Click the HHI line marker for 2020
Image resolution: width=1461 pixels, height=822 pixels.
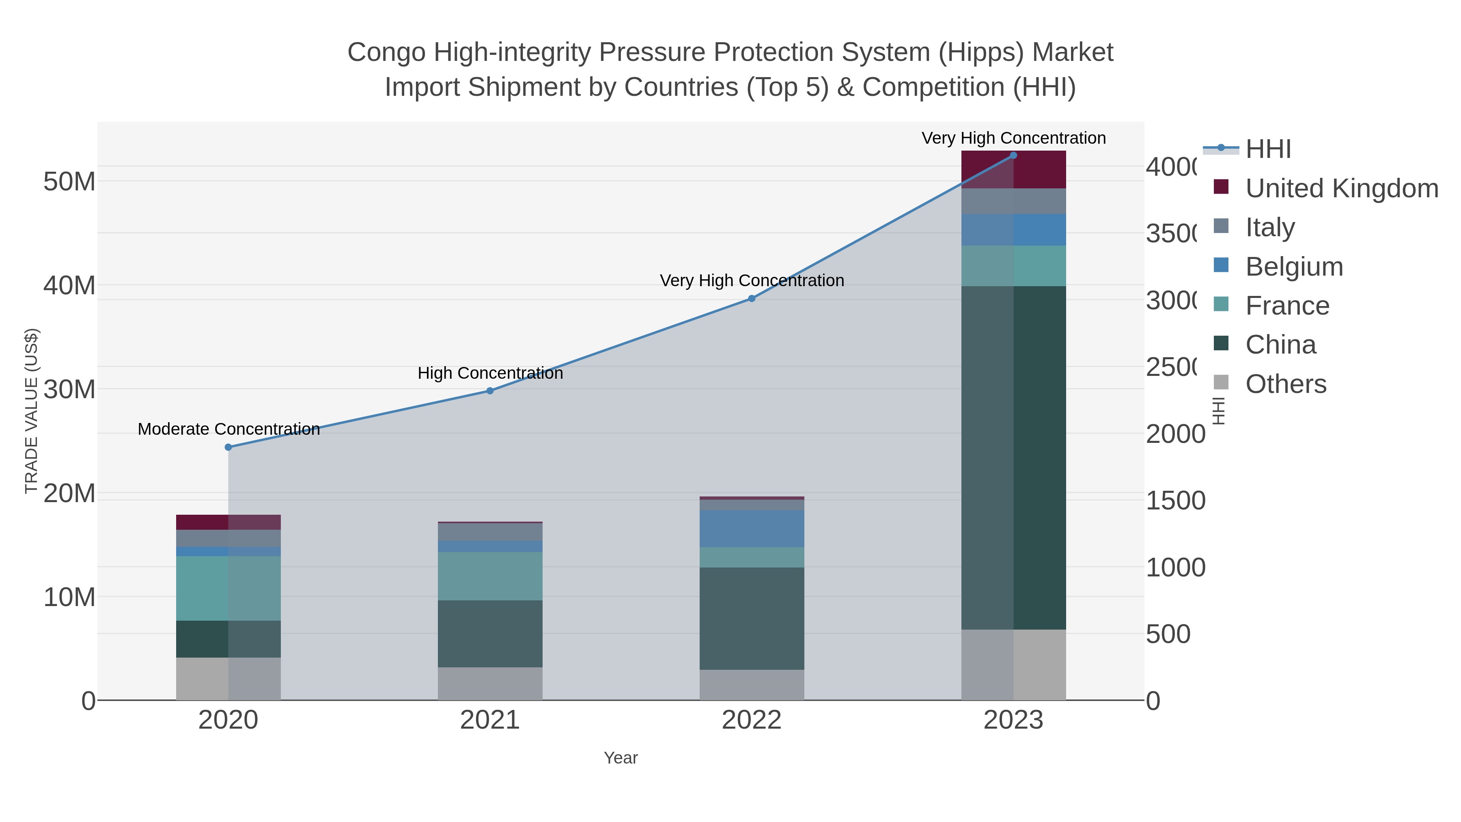228,447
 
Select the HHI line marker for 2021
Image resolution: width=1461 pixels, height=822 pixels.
490,391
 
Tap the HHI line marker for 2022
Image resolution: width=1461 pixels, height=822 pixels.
752,298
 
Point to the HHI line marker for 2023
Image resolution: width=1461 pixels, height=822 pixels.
1013,155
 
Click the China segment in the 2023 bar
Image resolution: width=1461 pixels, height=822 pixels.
1013,457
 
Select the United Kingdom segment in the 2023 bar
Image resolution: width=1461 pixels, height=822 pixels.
1013,170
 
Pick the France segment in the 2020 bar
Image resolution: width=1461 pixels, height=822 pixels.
228,588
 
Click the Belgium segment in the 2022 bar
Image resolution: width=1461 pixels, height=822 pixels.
752,528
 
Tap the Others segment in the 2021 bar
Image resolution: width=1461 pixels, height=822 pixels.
490,684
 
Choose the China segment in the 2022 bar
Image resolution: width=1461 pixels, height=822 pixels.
752,618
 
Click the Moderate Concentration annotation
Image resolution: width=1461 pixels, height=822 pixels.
228,429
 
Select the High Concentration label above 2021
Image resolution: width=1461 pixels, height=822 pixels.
490,373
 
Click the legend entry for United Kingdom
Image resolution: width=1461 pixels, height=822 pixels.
1341,188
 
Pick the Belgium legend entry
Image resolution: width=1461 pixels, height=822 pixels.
1294,267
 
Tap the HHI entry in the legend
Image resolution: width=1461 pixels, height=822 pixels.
1268,149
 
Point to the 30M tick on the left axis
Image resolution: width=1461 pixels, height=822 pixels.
69,390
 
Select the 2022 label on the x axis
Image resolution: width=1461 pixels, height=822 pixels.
752,721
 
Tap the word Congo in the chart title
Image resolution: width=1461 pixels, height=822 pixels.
386,52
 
